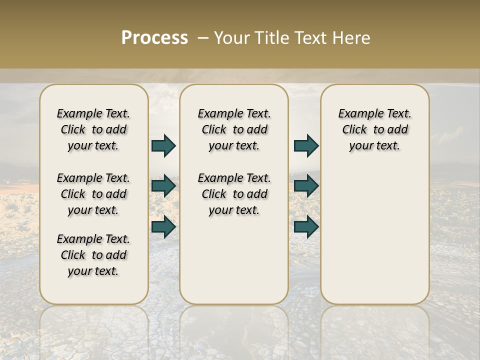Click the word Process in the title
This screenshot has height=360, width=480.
click(154, 37)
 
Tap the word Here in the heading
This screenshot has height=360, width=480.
click(351, 38)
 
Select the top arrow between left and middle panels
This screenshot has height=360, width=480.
click(163, 145)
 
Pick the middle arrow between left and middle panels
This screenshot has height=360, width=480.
click(163, 186)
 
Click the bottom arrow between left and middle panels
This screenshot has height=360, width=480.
click(163, 226)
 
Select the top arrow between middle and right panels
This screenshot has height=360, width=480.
click(306, 145)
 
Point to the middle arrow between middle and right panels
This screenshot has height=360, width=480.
click(306, 186)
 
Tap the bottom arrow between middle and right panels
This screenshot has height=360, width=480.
click(306, 226)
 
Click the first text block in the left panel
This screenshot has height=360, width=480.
click(93, 129)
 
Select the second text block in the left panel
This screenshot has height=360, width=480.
click(93, 194)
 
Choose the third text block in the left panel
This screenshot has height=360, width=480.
click(93, 255)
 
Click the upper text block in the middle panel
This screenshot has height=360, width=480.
click(234, 129)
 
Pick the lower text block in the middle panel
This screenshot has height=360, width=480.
click(234, 194)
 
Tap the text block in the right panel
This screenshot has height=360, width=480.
click(374, 129)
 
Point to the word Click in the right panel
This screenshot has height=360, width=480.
click(354, 130)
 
